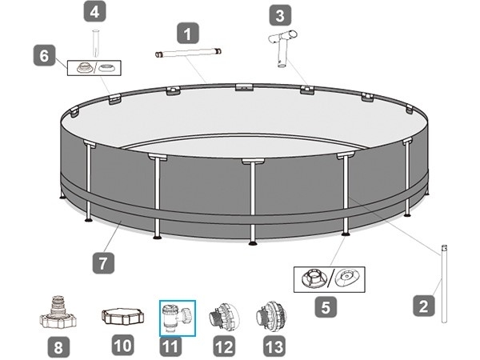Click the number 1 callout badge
(188, 33)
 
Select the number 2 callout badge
(424, 306)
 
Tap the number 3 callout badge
(280, 14)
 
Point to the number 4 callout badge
(95, 11)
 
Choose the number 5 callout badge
(326, 307)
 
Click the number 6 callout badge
(44, 55)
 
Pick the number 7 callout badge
(103, 262)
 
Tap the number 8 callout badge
(58, 347)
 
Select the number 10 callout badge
(122, 345)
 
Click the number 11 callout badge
(170, 347)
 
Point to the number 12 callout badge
(224, 346)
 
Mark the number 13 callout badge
(274, 346)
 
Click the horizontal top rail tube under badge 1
(188, 53)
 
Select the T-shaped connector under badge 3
(282, 47)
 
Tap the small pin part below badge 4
(96, 43)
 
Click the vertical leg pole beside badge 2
(444, 283)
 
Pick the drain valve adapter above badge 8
(58, 312)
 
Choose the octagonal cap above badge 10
(122, 316)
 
